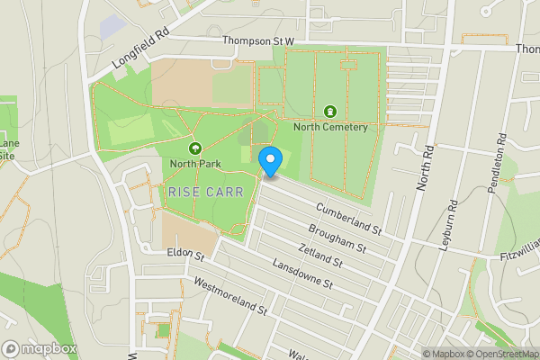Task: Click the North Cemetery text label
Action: [x=330, y=127]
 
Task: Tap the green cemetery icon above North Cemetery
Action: [x=330, y=112]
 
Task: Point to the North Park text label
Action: [x=193, y=164]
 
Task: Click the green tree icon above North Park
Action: [x=193, y=148]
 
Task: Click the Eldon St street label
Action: [x=185, y=255]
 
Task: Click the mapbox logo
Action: [x=40, y=348]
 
